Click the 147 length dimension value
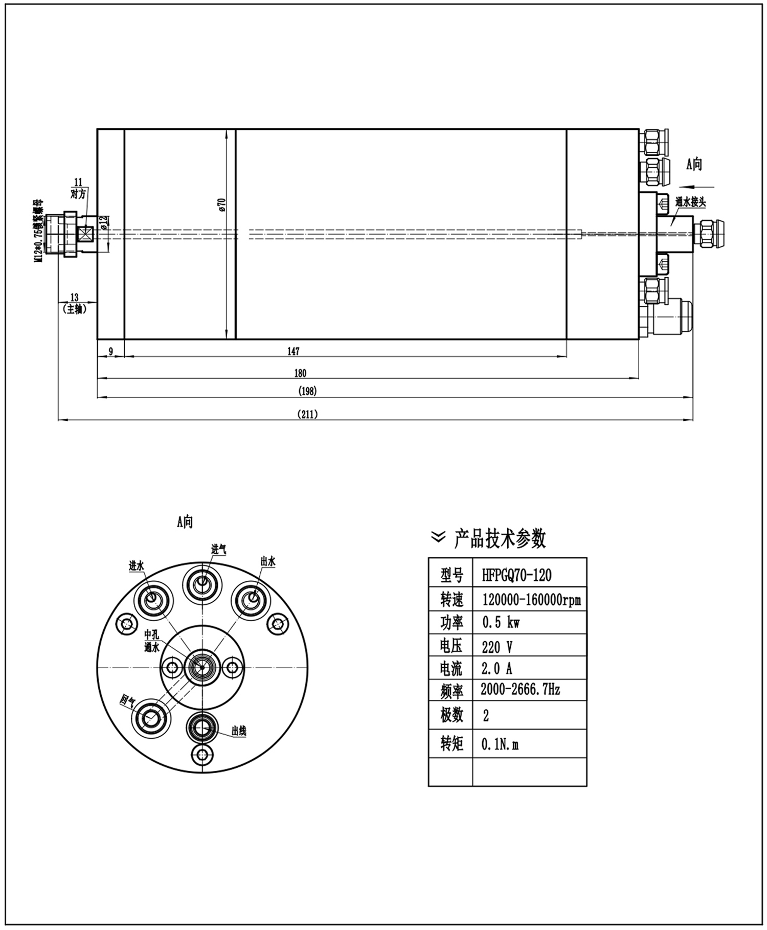tap(294, 351)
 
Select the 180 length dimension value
tap(300, 373)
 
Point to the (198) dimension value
tap(307, 392)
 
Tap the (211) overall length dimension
tap(307, 414)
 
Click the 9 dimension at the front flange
tap(111, 351)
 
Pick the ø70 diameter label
tap(222, 205)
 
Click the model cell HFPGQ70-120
tap(516, 575)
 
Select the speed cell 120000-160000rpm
tap(531, 599)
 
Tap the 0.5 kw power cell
tap(501, 623)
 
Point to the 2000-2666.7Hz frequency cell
tap(520, 690)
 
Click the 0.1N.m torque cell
tap(500, 744)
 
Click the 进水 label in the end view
tap(137, 566)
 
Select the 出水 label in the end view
tap(268, 561)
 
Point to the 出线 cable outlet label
tap(239, 731)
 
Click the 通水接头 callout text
tap(690, 202)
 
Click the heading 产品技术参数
tap(500, 539)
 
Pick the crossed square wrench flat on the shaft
tap(85, 234)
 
